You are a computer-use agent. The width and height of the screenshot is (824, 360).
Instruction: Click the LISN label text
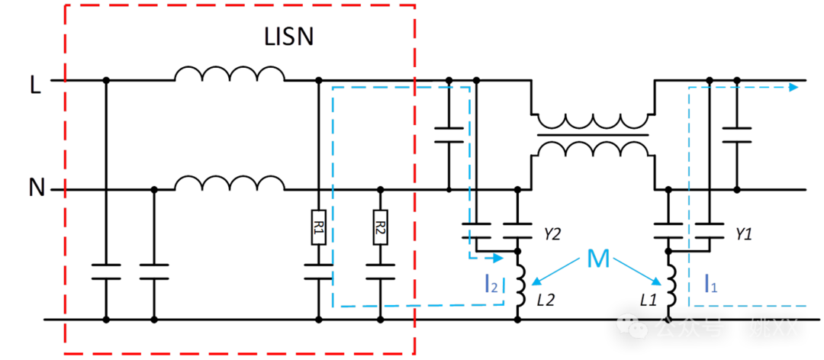pos(288,37)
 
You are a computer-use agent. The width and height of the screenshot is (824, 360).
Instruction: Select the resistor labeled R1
pos(318,227)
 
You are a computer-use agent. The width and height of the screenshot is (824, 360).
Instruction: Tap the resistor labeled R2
pos(380,227)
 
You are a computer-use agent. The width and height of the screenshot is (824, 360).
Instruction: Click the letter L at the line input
pos(35,83)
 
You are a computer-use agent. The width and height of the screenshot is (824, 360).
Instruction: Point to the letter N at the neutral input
pos(36,187)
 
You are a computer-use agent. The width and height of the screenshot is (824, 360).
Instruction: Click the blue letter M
pos(598,260)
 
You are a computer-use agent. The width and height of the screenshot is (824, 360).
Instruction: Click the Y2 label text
pos(552,234)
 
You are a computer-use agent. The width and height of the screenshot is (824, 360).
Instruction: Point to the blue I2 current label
pos(491,284)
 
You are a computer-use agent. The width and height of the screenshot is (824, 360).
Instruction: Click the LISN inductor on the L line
pos(229,74)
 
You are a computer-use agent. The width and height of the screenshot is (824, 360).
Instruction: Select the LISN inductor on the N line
pos(229,183)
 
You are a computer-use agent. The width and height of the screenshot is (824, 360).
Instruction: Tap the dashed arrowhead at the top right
pos(794,87)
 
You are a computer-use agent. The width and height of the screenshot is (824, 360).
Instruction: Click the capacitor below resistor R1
pos(318,272)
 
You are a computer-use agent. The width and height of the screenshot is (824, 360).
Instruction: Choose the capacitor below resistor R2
pos(380,272)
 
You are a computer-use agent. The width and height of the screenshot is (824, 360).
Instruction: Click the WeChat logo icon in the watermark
pos(635,326)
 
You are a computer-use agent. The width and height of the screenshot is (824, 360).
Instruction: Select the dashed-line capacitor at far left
pos(106,272)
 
